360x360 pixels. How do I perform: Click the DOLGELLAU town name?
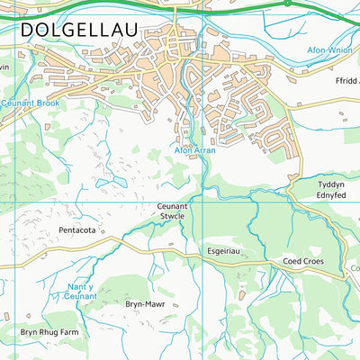click(79, 31)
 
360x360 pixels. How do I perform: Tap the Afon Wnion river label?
click(332, 49)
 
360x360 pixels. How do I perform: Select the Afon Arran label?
click(194, 150)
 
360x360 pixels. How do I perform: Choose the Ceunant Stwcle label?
click(166, 211)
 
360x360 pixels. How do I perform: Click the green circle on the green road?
click(287, 3)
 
